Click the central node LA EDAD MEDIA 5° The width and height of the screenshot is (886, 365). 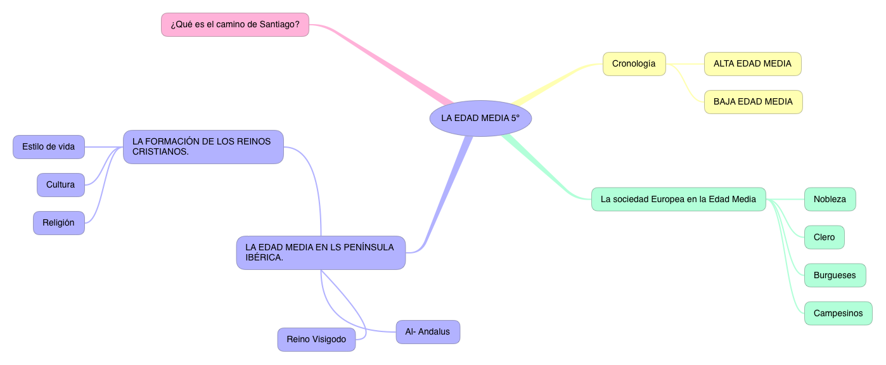480,118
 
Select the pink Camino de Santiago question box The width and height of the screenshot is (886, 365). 235,25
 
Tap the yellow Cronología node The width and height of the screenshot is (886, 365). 634,63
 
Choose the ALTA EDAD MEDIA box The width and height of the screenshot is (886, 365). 752,63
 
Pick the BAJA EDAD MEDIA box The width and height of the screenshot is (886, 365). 753,101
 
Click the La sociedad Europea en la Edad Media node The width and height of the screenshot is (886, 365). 678,199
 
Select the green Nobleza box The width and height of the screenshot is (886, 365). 830,199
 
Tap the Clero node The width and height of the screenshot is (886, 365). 824,237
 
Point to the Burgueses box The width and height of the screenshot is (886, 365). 835,275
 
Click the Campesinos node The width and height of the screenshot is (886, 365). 838,313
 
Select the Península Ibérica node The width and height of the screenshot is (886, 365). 321,252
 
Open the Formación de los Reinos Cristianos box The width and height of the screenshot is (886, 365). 203,146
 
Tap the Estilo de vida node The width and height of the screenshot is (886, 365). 48,146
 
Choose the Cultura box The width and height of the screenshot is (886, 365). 60,184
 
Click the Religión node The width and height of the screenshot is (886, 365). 58,222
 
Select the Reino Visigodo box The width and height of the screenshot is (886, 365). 316,339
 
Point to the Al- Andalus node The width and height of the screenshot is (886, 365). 427,331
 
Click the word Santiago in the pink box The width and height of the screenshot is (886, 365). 279,25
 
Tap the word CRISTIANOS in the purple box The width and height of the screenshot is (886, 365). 160,152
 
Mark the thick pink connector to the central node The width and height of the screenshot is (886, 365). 387,63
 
